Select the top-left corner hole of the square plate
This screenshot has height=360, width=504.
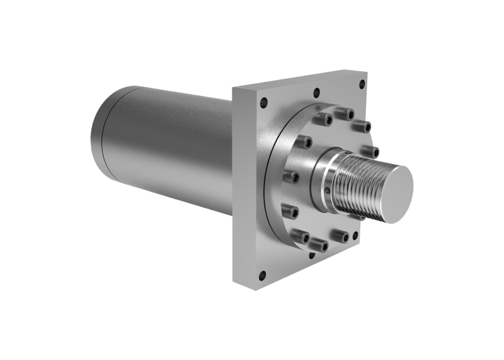pos(264,103)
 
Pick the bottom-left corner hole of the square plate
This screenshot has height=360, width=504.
pos(262,274)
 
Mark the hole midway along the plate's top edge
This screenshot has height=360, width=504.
pos(315,93)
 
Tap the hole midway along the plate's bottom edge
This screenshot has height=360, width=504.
pos(311,255)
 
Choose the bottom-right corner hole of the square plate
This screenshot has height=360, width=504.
pos(355,236)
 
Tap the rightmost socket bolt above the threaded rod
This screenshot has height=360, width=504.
pos(372,151)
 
